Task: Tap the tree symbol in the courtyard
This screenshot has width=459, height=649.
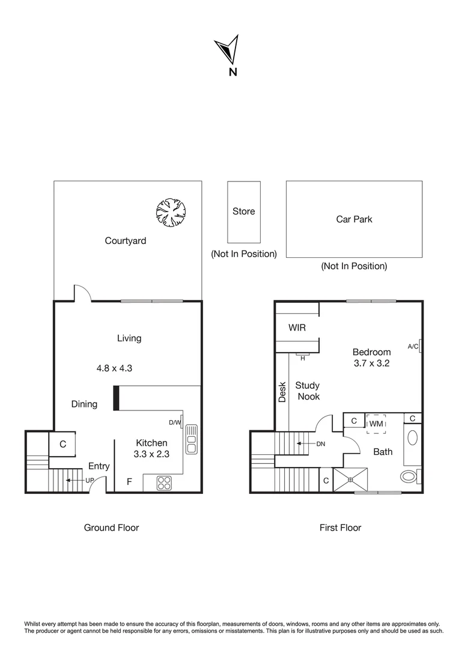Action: [171, 212]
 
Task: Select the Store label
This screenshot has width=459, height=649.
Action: [244, 212]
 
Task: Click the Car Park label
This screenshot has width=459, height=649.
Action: [354, 219]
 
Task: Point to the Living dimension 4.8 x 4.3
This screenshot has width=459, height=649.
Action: [114, 368]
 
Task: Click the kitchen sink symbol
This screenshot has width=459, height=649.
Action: [191, 439]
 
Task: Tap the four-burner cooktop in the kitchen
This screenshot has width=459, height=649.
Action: [164, 483]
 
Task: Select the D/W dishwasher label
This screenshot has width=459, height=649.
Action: [175, 422]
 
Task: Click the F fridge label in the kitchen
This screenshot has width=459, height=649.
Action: [129, 481]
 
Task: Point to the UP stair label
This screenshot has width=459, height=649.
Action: [90, 481]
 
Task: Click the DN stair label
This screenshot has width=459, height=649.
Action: [321, 443]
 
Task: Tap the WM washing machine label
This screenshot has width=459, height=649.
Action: [376, 424]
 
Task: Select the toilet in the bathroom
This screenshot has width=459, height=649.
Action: [410, 476]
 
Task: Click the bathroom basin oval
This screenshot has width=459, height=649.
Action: [413, 438]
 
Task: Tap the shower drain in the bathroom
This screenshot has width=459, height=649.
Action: [351, 480]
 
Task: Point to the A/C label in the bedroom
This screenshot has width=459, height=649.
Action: [413, 347]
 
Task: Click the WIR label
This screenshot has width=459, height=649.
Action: [297, 328]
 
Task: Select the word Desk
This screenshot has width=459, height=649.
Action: [282, 392]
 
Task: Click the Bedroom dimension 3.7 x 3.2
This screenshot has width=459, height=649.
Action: [372, 364]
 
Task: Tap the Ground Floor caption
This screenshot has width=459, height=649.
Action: [111, 528]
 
